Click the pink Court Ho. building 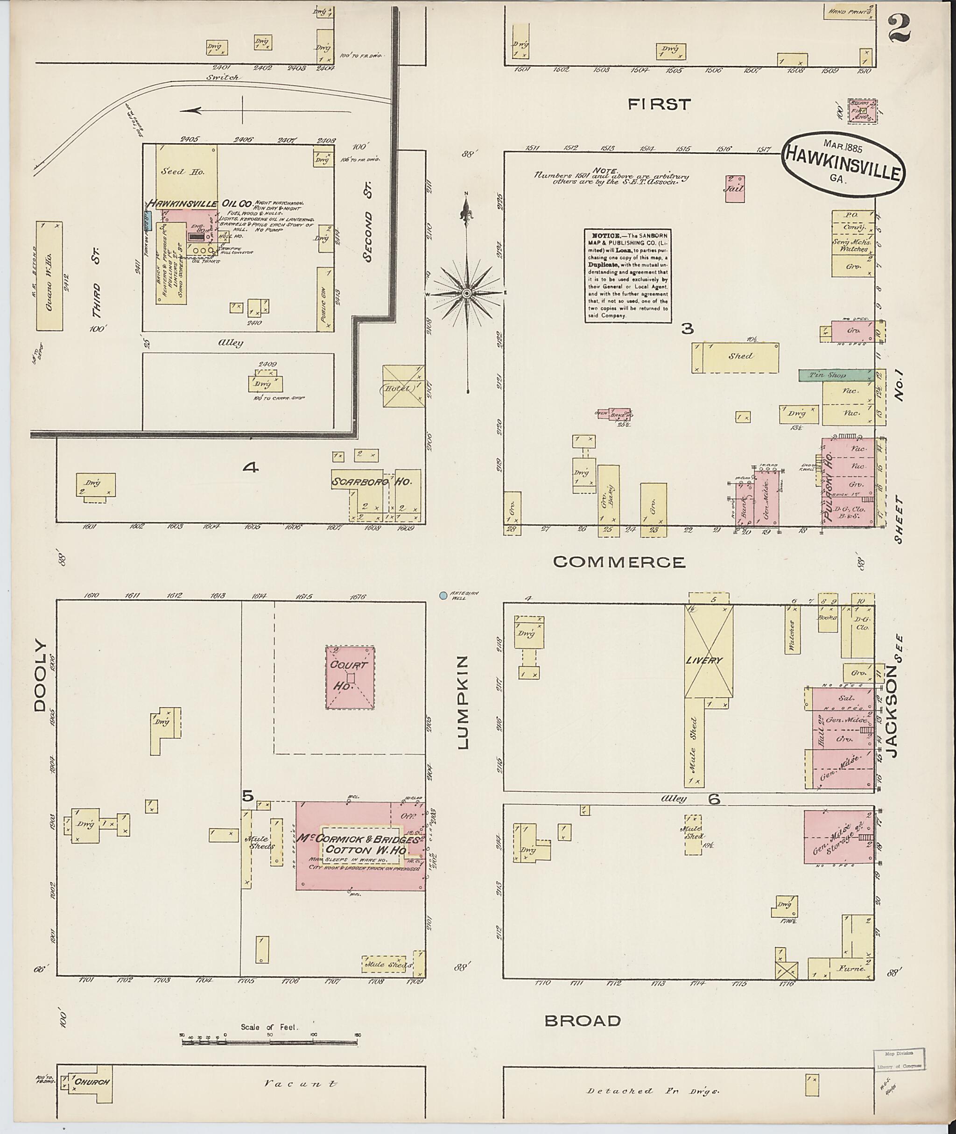point(350,677)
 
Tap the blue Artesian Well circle point(443,595)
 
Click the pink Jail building point(735,189)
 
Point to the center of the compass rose point(467,293)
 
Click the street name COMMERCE point(619,562)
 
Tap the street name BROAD point(583,1021)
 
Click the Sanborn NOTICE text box point(626,276)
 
